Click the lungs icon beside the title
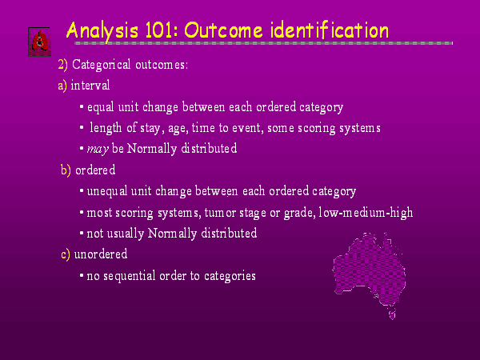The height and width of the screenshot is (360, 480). point(40,42)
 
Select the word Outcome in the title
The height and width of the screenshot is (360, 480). point(223,31)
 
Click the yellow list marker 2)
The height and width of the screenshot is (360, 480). point(62,65)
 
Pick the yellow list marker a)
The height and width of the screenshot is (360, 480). point(62,86)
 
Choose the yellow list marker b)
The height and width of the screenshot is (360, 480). point(66,170)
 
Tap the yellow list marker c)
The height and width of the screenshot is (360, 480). point(66,254)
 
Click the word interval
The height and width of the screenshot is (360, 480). point(90,85)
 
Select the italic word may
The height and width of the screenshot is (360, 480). point(98,150)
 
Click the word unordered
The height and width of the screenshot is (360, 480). point(101,254)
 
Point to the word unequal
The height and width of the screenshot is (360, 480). point(107,192)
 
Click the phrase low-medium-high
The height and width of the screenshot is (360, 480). point(366,212)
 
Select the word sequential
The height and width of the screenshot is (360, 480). point(130,277)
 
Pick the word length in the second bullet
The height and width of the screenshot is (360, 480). point(106,128)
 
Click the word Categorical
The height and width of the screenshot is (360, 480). point(102,65)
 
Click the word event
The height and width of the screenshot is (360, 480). point(248,128)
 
